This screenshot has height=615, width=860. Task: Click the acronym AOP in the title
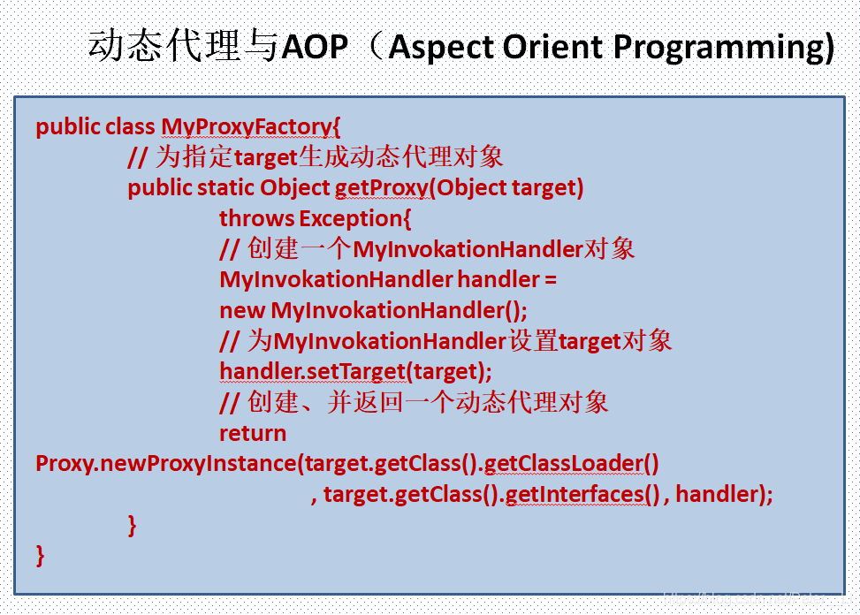315,47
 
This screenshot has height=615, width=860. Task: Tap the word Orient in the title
553,47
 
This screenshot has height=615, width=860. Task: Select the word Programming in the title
723,49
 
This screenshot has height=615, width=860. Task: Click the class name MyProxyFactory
247,127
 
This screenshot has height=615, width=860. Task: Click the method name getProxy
382,188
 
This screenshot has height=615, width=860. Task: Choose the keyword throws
256,219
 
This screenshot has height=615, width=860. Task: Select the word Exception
352,219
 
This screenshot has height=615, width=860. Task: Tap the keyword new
242,311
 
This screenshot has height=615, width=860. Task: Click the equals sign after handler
551,281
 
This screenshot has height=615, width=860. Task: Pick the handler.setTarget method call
313,372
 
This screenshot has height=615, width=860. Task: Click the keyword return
253,434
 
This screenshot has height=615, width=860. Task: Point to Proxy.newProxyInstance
166,464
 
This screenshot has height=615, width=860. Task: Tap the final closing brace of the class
40,556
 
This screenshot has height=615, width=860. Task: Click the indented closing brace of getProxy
132,525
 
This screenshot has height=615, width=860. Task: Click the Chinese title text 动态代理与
184,45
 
